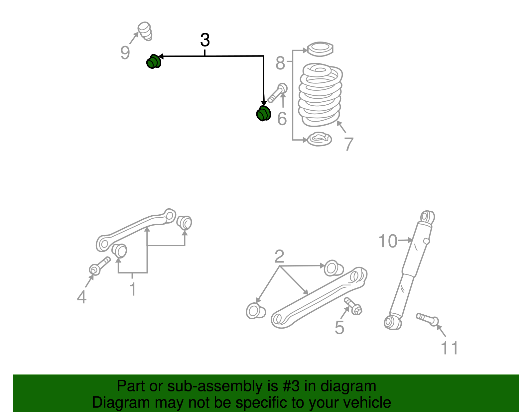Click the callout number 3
coord(205,40)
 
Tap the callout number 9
coord(125,52)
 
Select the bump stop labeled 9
coord(145,31)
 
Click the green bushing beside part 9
coord(153,61)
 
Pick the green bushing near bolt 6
coord(263,113)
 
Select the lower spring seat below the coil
coord(319,139)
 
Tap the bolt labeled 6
coord(278,93)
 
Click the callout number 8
coord(280,63)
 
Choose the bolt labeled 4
coord(99,265)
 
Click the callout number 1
coord(132,289)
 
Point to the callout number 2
coord(279,256)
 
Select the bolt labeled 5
coord(353,306)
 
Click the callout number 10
coord(388,241)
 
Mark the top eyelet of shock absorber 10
coord(427,217)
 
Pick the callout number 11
coord(450,348)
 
